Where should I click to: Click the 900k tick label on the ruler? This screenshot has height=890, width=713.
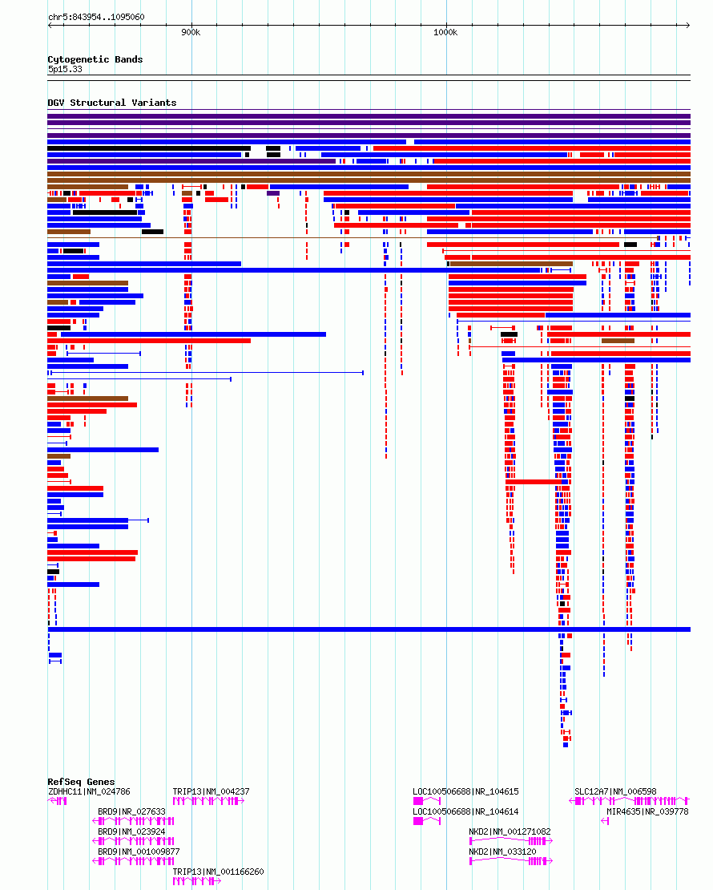tap(191, 32)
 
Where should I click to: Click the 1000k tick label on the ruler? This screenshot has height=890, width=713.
tap(445, 32)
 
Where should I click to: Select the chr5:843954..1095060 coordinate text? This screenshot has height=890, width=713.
tap(96, 17)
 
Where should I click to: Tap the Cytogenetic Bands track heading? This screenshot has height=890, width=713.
tap(95, 59)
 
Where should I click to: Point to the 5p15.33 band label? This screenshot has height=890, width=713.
tap(65, 69)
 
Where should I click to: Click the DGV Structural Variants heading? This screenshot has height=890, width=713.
tap(111, 103)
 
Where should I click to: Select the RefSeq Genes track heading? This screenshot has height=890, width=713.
tap(81, 782)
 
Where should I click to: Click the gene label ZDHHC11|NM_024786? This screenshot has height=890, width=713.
tap(89, 791)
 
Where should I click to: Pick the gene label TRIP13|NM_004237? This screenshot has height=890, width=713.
tap(211, 791)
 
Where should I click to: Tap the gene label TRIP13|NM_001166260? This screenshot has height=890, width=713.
tap(219, 872)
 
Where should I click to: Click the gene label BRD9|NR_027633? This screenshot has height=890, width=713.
tap(131, 811)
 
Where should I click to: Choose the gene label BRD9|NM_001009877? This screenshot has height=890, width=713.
tap(139, 852)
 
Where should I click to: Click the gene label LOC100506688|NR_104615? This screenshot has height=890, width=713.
tap(465, 791)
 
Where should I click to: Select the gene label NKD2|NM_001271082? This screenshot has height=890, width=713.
tap(510, 831)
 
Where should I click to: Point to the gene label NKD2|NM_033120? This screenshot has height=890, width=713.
tap(502, 852)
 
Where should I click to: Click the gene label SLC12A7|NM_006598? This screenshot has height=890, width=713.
tap(615, 791)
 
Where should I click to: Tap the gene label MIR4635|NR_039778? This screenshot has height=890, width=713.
tap(648, 811)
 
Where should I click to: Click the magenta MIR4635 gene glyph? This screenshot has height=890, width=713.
tap(605, 821)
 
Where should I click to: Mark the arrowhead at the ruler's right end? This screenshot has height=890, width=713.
tap(687, 25)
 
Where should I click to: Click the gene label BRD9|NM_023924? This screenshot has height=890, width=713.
tap(131, 831)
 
